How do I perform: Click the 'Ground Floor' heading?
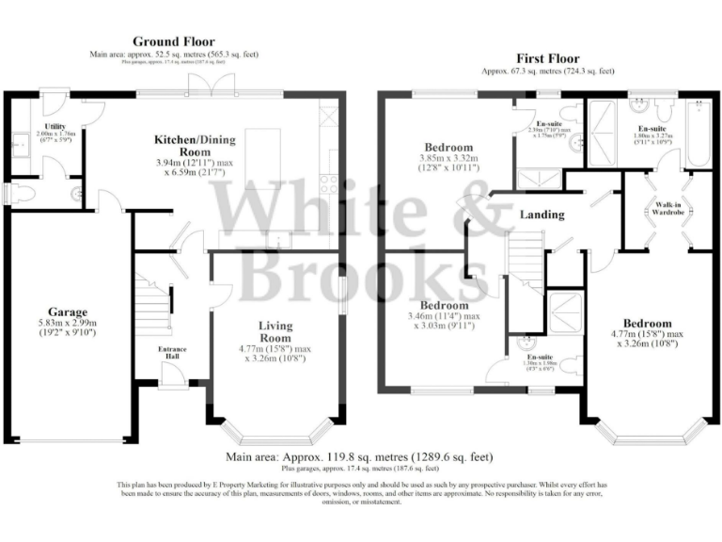tap(173, 41)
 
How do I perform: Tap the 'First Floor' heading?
tap(546, 58)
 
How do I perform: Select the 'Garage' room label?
tap(69, 311)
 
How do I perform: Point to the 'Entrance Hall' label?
tap(171, 353)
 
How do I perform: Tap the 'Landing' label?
tap(542, 215)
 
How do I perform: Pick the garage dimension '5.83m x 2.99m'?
tap(69, 323)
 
